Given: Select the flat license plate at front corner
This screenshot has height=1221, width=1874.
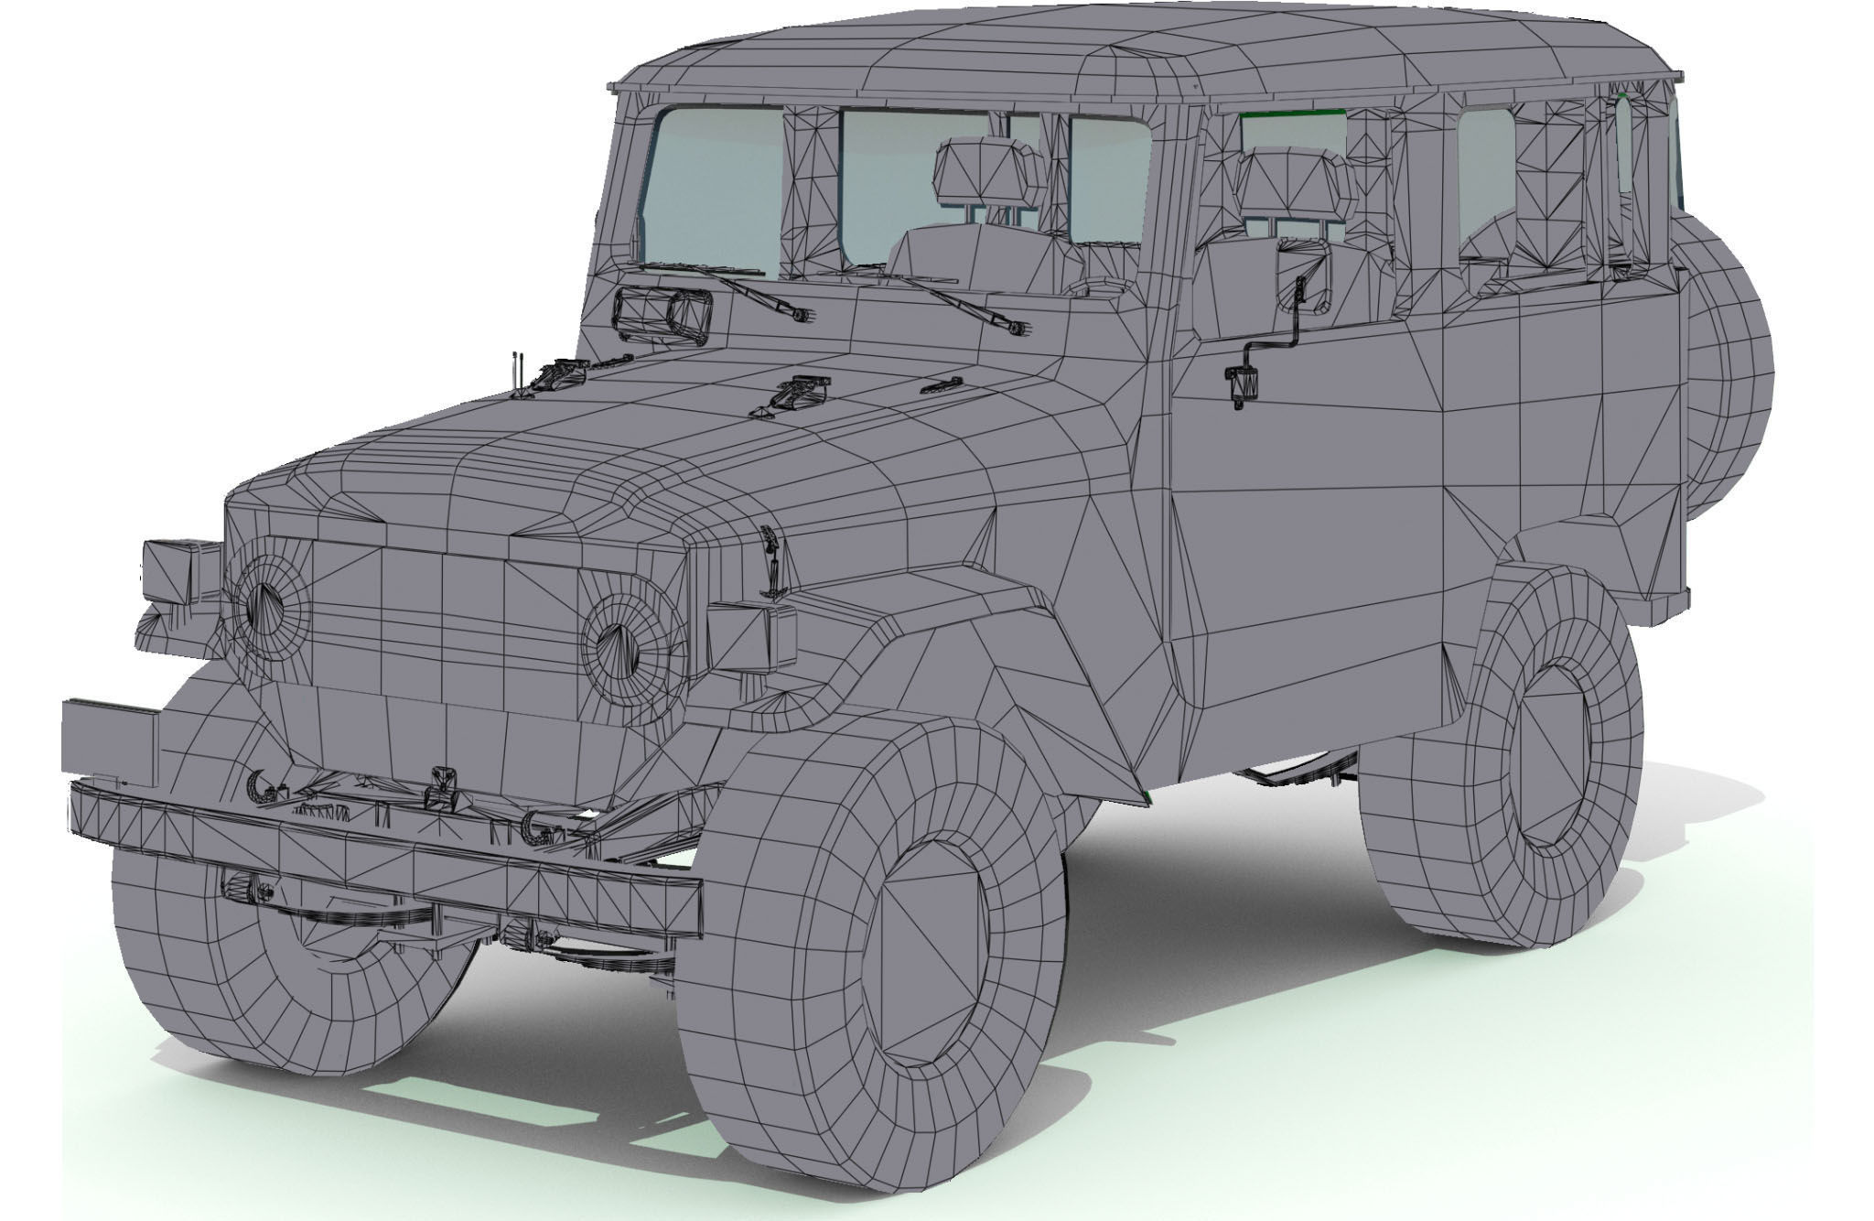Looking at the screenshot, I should [x=110, y=737].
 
